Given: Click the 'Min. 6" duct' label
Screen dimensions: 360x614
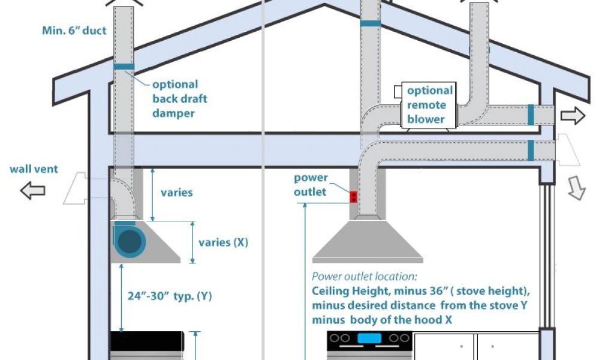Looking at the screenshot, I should [74, 30].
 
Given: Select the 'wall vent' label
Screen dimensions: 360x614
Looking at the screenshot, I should [34, 169].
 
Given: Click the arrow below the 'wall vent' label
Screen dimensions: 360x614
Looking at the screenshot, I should [32, 191].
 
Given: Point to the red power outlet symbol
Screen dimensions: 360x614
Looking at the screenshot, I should [354, 196].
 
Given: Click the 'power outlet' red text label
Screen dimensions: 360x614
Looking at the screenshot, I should [311, 185].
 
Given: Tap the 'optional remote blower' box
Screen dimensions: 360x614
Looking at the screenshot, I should [429, 105].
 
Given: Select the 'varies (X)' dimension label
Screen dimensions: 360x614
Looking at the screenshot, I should [222, 242].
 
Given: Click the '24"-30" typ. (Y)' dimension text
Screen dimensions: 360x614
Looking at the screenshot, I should [170, 296].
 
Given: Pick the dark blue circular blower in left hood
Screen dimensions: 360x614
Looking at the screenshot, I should [131, 242].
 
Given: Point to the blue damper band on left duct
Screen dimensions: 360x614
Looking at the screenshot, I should [124, 66].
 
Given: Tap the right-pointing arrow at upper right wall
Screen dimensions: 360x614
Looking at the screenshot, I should [573, 116].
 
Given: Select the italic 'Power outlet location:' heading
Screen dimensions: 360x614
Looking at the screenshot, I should [364, 277].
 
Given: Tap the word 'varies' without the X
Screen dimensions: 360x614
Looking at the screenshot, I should [176, 193].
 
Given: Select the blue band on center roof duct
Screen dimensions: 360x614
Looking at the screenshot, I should [370, 23].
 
